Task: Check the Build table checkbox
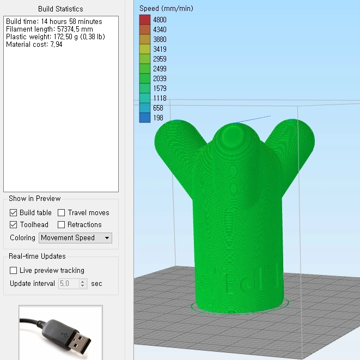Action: coord(13,213)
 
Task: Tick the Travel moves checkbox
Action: coord(61,213)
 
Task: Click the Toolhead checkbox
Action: coord(13,224)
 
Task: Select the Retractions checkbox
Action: coord(61,224)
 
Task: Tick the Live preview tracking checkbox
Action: coord(13,271)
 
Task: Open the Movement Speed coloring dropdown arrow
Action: coord(107,238)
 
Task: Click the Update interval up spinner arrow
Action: coord(82,282)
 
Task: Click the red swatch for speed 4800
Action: coord(145,20)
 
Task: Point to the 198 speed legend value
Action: coord(158,118)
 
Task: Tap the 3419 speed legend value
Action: coord(160,49)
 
